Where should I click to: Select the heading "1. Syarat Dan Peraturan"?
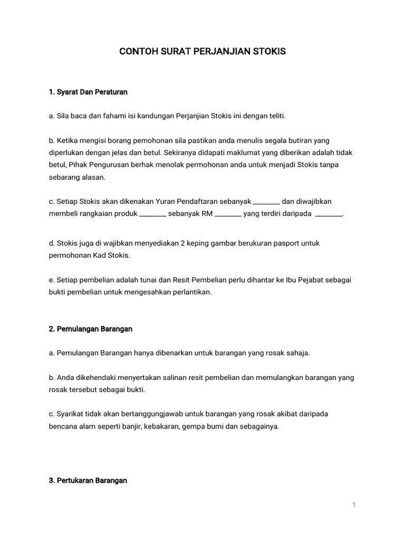coord(88,92)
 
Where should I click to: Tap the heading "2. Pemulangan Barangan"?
coord(90,329)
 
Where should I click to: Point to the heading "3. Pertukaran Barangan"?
coord(88,481)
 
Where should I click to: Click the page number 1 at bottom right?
coord(354,505)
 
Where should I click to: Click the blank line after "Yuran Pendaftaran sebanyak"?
coord(266,202)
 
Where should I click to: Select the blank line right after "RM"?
coord(228,214)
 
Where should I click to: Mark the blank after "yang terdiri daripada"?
coord(328,214)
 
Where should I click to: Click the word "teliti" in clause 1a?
coord(274,116)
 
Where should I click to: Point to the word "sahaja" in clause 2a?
coord(298,353)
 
